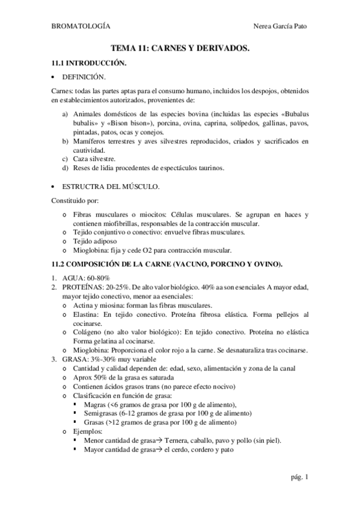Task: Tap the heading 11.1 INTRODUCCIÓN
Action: click(88, 63)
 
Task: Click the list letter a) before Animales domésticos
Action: click(66, 113)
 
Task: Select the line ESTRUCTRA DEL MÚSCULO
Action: click(111, 187)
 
